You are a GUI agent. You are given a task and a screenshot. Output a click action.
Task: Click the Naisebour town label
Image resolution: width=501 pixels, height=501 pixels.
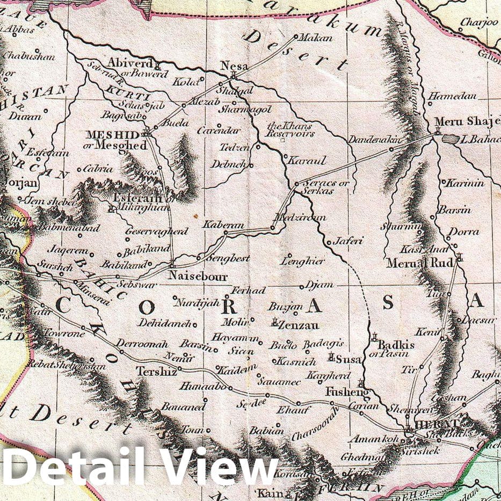[x=198, y=277]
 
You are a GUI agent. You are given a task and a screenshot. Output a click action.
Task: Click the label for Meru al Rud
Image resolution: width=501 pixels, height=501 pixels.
[x=427, y=263]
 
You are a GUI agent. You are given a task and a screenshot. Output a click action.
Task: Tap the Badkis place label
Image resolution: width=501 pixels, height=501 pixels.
[x=396, y=345]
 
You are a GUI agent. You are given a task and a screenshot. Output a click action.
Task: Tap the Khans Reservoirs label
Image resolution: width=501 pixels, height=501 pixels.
[x=290, y=129]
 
